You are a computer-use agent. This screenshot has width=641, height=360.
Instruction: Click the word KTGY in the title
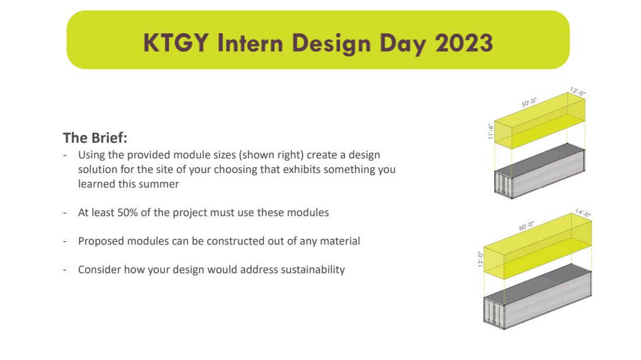tap(176, 43)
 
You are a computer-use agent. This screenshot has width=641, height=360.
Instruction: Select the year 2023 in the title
tap(464, 43)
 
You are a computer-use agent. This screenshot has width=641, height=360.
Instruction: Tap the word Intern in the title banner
tap(250, 43)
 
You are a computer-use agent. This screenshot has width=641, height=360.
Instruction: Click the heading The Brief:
tap(95, 137)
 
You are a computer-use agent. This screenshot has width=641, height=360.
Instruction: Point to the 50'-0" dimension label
tap(529, 103)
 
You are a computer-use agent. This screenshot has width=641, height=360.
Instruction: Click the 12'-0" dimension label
tap(577, 91)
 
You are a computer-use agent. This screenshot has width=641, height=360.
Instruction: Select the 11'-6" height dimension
tap(491, 131)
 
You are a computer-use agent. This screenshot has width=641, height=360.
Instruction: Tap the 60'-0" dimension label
tap(527, 226)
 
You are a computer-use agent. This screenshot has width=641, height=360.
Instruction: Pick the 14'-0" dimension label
tap(583, 213)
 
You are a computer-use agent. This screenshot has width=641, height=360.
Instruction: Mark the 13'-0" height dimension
tap(480, 259)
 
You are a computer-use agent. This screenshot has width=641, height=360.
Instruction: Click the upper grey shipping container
tap(540, 171)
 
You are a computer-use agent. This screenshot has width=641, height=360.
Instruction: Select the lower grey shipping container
tap(538, 297)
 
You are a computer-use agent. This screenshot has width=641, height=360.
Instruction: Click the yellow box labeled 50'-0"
tap(540, 121)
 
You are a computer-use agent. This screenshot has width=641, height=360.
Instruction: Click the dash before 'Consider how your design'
tap(65, 270)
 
